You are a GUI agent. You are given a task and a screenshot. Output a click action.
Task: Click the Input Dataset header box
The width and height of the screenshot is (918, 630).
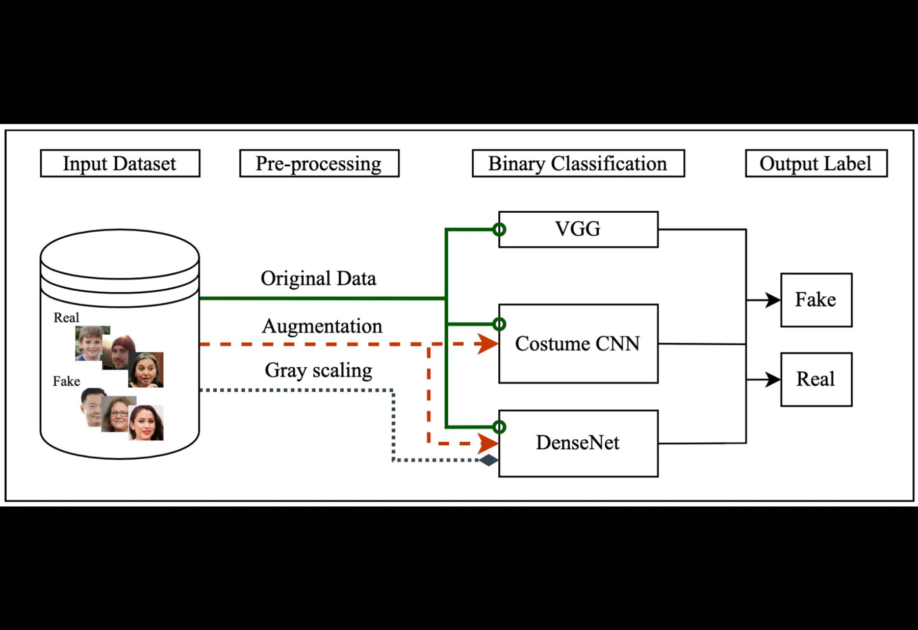point(120,163)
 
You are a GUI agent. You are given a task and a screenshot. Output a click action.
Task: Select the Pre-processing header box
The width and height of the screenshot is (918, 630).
point(319,163)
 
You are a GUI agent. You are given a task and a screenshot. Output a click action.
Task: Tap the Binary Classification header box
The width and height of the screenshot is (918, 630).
point(578,163)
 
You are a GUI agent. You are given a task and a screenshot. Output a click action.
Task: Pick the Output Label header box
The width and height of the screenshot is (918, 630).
point(816,163)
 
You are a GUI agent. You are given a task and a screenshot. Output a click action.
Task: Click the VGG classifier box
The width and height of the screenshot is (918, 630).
point(578,230)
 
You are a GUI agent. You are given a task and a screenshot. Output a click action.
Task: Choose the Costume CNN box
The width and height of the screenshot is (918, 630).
point(578,343)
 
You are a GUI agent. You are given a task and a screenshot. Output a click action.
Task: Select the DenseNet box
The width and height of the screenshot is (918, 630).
point(578,443)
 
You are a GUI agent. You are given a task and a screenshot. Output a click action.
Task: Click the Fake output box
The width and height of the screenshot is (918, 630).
point(816,300)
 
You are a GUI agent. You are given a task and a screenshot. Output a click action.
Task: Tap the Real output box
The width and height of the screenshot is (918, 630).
point(816,379)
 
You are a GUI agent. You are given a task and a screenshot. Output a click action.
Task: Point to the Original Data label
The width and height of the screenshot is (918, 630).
point(319,279)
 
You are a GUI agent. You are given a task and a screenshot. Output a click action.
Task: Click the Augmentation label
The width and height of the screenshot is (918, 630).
point(322,326)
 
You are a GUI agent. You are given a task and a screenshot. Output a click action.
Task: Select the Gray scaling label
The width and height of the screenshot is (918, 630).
point(319,370)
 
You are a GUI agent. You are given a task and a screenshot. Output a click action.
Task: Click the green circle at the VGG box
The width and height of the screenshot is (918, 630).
point(499,230)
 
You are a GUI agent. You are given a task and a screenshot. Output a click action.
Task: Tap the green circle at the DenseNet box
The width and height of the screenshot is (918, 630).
point(499,427)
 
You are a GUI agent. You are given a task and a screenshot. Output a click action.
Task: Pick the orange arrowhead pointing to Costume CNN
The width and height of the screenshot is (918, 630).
point(488,344)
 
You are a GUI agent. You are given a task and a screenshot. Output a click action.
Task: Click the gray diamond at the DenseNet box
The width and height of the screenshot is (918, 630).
point(488,460)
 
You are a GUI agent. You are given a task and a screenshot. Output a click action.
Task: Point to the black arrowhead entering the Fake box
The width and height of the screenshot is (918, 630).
point(773,300)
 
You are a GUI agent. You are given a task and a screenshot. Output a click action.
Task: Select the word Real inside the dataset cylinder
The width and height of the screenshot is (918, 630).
point(66,318)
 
